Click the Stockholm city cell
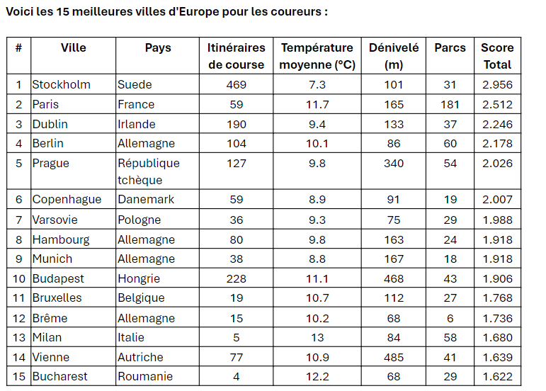(x=62, y=84)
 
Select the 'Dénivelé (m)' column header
(x=394, y=56)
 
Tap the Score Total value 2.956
(x=497, y=84)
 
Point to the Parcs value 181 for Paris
(x=450, y=104)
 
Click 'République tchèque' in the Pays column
(x=149, y=171)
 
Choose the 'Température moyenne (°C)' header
(x=317, y=56)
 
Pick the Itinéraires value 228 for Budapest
(x=237, y=279)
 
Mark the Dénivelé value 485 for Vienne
(x=394, y=357)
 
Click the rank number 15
(x=19, y=376)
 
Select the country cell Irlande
(x=137, y=124)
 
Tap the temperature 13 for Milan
(x=317, y=337)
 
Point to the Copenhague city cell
(x=67, y=200)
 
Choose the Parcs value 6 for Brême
(x=450, y=318)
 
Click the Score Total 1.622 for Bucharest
(x=497, y=376)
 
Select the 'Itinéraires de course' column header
(x=237, y=56)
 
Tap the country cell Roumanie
(x=145, y=376)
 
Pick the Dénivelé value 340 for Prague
(x=394, y=164)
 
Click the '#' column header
(x=19, y=47)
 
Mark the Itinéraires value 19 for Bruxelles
(x=237, y=298)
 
